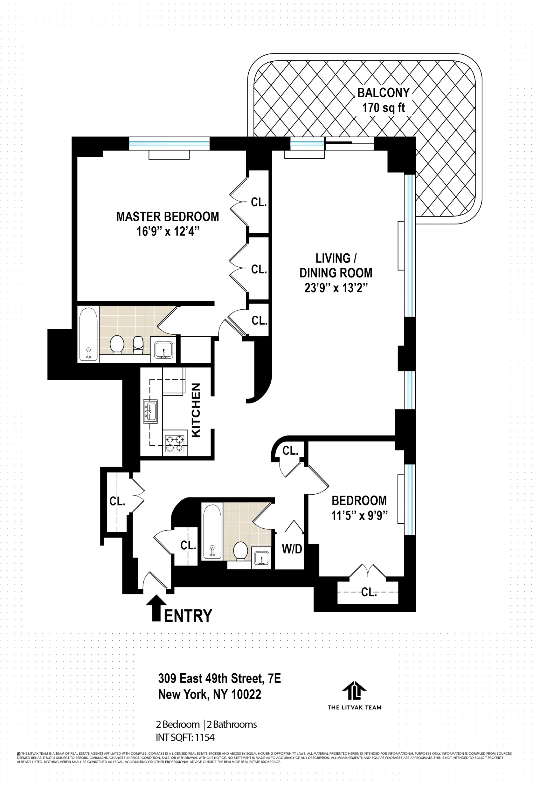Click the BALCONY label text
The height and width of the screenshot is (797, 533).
[383, 93]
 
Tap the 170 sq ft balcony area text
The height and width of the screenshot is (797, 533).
[383, 108]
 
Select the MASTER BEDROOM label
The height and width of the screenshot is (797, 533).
[168, 216]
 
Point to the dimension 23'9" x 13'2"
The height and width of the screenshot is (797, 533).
[336, 288]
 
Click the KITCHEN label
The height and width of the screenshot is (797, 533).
[196, 410]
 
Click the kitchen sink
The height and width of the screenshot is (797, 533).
[150, 411]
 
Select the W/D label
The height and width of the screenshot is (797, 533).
[292, 549]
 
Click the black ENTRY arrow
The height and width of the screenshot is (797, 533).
[156, 608]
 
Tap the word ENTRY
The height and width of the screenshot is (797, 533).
[188, 615]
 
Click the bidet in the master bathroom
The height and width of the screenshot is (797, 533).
[138, 345]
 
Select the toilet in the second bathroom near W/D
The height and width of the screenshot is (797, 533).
[241, 551]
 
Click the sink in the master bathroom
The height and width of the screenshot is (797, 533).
[163, 350]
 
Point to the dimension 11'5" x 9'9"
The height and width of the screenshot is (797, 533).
[359, 515]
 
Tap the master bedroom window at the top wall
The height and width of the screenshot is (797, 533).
[169, 143]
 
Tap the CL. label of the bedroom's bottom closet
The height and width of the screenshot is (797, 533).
[369, 592]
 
